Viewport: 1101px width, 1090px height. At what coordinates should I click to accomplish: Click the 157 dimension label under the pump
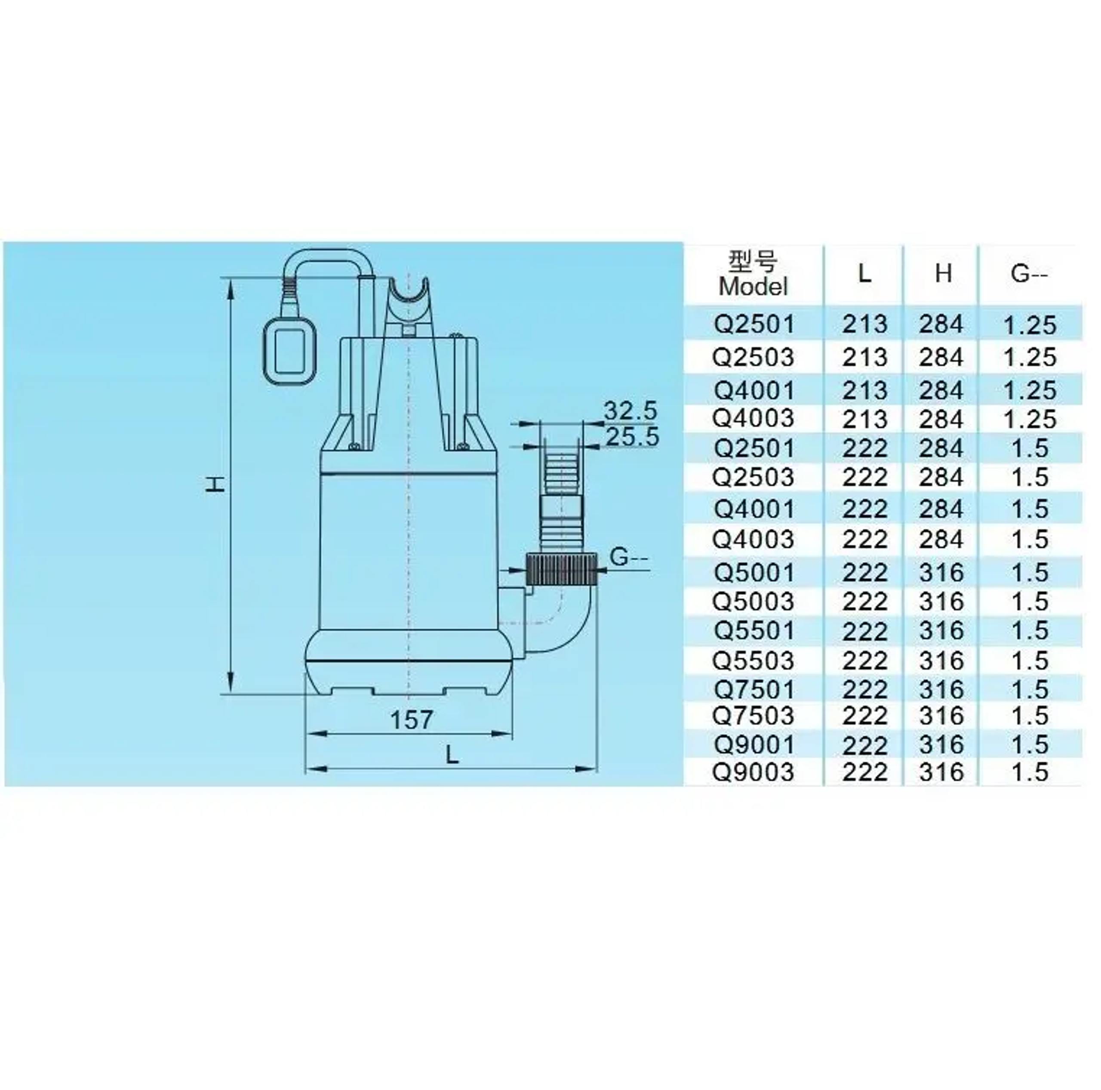[412, 720]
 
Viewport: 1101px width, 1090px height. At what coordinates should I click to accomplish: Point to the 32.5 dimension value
[630, 411]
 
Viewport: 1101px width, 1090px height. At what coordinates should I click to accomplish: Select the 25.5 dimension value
[631, 437]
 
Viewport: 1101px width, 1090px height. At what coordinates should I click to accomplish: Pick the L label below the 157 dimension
[452, 755]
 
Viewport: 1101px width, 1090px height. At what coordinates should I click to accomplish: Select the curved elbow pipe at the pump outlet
[564, 621]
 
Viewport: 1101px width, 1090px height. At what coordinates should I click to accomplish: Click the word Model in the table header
[753, 287]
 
